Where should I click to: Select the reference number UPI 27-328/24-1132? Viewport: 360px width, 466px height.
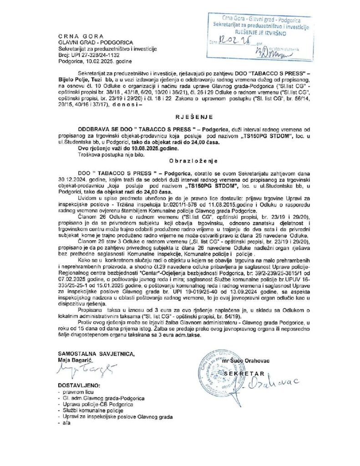pos(93,54)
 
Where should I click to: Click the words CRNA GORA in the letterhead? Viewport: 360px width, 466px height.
pos(81,36)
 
